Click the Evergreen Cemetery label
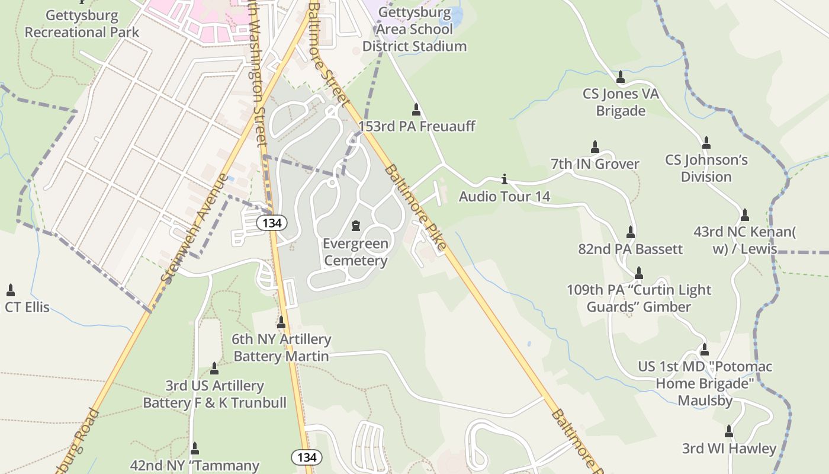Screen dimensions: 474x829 click(x=355, y=252)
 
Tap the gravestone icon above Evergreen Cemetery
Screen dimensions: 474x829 click(x=356, y=226)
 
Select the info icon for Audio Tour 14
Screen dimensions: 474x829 click(x=505, y=178)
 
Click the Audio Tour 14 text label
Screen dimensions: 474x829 click(x=505, y=196)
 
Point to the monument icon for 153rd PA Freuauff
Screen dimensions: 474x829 click(x=416, y=109)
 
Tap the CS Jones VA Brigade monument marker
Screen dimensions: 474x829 click(x=621, y=77)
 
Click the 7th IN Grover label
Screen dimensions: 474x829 click(x=595, y=164)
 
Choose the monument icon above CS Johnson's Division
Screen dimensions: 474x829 click(x=706, y=143)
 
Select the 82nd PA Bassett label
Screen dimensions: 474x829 click(x=631, y=249)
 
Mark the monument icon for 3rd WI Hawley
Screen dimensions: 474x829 click(x=729, y=431)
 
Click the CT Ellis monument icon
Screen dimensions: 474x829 click(x=10, y=290)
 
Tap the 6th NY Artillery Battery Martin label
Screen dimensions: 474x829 click(x=281, y=348)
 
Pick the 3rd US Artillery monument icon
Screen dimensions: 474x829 click(x=214, y=369)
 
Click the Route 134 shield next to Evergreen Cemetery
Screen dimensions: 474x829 click(x=272, y=223)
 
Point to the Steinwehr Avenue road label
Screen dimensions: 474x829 click(x=194, y=228)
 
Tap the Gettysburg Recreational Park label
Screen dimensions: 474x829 click(x=82, y=24)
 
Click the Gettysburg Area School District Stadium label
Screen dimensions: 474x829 click(x=415, y=29)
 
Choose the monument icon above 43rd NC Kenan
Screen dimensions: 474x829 click(x=745, y=214)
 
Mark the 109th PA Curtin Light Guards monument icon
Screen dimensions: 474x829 click(x=639, y=273)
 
